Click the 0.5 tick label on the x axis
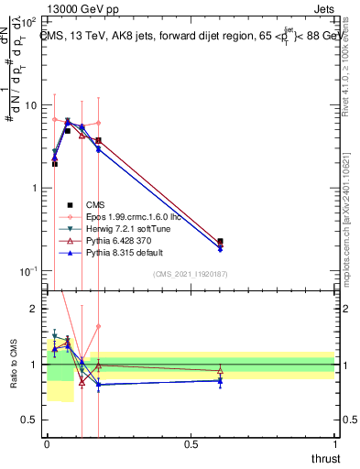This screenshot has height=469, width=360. point(191,444)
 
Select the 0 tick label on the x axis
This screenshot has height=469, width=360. point(47,444)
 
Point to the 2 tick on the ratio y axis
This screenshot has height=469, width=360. point(36,310)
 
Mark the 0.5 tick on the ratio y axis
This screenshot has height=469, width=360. point(32,420)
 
